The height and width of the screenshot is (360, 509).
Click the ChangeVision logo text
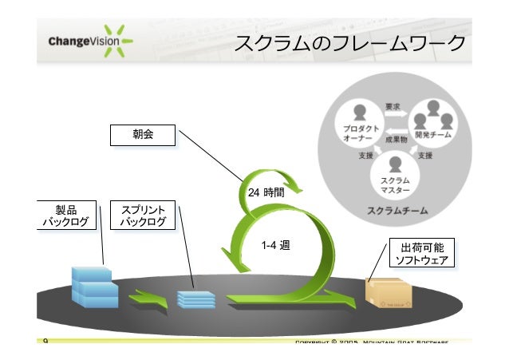click(80, 41)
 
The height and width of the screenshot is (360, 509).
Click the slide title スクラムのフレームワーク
click(349, 42)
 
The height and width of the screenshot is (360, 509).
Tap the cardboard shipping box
click(389, 293)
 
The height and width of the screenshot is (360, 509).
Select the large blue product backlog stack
click(93, 287)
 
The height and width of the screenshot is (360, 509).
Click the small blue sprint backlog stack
click(195, 299)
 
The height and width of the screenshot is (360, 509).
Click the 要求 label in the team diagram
click(393, 106)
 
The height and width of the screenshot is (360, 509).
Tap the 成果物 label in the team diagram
click(396, 139)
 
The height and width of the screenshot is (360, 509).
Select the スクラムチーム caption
click(397, 211)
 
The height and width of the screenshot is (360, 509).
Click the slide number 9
click(45, 342)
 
